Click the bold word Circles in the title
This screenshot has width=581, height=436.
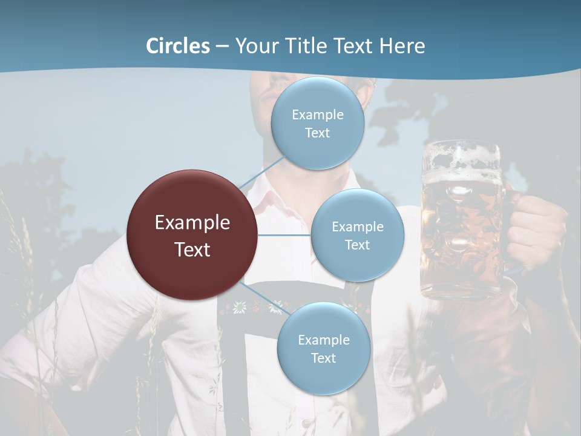(x=177, y=46)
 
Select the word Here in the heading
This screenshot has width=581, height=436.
(x=402, y=46)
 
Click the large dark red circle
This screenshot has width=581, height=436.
(x=192, y=235)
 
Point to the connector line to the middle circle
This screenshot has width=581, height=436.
(x=284, y=235)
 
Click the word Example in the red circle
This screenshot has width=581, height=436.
(x=192, y=222)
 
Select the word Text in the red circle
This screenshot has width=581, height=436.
(x=192, y=249)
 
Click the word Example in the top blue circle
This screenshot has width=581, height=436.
(x=317, y=114)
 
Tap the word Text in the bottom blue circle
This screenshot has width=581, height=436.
(x=323, y=358)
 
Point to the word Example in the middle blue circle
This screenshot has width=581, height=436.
(x=357, y=226)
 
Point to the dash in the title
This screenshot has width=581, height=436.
(x=222, y=46)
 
